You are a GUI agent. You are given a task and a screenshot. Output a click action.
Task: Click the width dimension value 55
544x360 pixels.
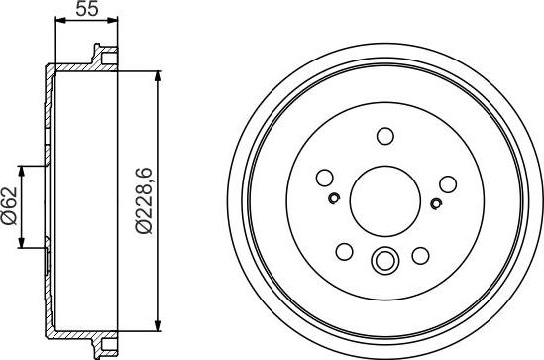coord(87,13)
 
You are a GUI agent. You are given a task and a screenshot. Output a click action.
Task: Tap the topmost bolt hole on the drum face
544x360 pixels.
coord(385,136)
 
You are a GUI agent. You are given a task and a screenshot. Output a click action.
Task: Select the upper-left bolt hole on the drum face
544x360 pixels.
coord(324,180)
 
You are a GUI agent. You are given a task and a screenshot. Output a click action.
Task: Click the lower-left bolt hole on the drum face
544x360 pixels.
coord(346,251)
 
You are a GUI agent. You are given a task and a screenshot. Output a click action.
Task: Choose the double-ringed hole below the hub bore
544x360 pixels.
coord(383,262)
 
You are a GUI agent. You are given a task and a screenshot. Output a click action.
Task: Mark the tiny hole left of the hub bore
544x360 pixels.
coord(335,197)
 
